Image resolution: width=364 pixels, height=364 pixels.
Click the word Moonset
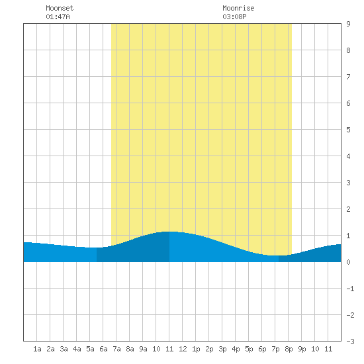(60, 8)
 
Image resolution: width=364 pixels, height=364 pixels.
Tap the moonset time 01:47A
(58, 17)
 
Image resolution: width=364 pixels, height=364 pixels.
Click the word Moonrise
(238, 8)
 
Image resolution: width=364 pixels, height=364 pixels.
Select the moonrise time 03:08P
(234, 17)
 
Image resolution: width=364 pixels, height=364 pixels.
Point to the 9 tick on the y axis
(348, 24)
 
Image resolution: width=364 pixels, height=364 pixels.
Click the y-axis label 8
(348, 50)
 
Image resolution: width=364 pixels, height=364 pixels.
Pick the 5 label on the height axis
(348, 130)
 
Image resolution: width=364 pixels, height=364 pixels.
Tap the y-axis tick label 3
(348, 183)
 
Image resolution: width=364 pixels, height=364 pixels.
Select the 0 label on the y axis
(348, 262)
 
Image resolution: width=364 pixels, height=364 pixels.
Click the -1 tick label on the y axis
(350, 289)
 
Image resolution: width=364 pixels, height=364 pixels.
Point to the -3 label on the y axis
(350, 341)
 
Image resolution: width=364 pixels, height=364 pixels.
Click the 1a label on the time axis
(37, 349)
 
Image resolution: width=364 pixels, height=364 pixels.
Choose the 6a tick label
(103, 349)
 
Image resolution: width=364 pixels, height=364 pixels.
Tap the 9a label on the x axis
(143, 349)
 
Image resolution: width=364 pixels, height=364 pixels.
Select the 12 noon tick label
(183, 349)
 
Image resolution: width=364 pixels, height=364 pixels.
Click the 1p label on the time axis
(196, 349)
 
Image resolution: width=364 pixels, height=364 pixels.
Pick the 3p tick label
(222, 349)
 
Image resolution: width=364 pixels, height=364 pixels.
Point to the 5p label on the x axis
(249, 349)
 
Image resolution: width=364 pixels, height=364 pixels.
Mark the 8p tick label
(289, 349)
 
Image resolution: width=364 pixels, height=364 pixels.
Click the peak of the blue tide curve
(169, 232)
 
